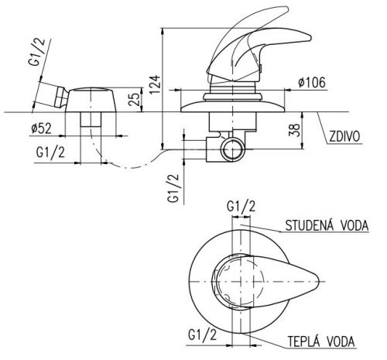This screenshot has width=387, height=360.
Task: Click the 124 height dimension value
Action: [x=154, y=84]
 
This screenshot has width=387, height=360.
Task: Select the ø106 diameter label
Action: [x=312, y=82]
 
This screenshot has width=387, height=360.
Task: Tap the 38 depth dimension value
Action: [x=295, y=130]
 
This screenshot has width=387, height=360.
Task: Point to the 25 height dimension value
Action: [x=134, y=99]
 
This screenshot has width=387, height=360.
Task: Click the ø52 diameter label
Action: [x=41, y=129]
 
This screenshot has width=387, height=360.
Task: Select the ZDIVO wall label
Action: [x=344, y=136]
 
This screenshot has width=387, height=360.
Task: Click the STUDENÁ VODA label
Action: [x=327, y=225]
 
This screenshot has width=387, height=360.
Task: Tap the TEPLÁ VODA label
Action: [x=321, y=341]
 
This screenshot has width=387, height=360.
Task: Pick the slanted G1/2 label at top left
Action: [x=38, y=52]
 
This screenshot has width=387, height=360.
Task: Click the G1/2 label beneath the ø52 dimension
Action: [x=50, y=153]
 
